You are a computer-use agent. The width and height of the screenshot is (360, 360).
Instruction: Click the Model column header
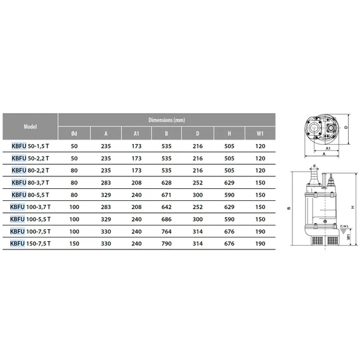[x=30, y=126]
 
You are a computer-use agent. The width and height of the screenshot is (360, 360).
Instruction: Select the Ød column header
[x=75, y=133]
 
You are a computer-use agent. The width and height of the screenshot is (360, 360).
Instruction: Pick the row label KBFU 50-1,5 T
[x=32, y=146]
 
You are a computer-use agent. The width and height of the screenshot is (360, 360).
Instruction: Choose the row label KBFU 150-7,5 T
[x=32, y=243]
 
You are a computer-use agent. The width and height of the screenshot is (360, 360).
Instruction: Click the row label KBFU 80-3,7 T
[x=32, y=183]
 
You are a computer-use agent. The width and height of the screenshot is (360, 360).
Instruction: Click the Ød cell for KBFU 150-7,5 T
[x=75, y=243]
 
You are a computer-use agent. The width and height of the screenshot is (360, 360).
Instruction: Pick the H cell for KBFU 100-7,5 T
[x=229, y=231]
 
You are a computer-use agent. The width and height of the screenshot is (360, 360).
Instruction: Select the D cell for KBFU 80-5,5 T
[x=198, y=195]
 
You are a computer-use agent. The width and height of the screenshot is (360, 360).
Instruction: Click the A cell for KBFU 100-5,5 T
[x=105, y=219]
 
